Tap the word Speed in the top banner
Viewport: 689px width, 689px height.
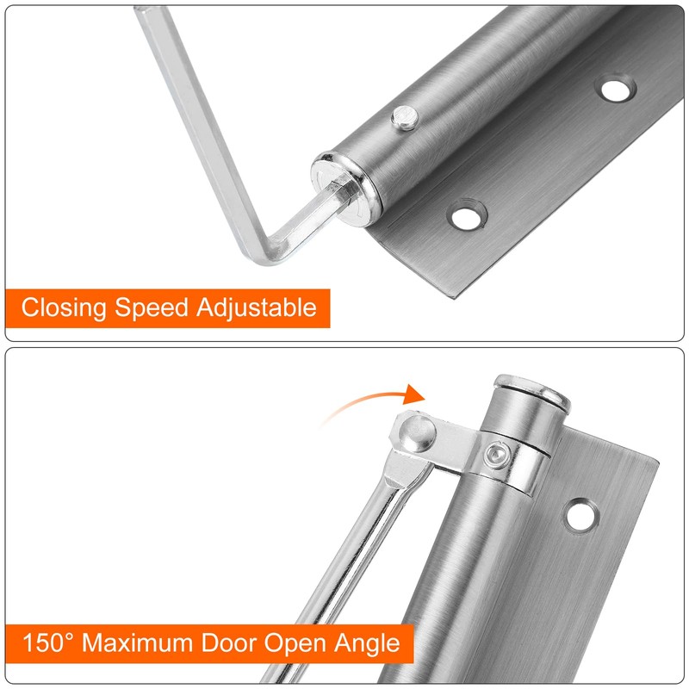pyautogui.click(x=152, y=307)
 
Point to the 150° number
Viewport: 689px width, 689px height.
pyautogui.click(x=51, y=642)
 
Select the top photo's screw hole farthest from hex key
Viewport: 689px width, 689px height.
pyautogui.click(x=615, y=89)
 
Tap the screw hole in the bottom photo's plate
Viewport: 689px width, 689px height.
pyautogui.click(x=581, y=514)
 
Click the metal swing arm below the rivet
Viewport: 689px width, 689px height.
pyautogui.click(x=353, y=551)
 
